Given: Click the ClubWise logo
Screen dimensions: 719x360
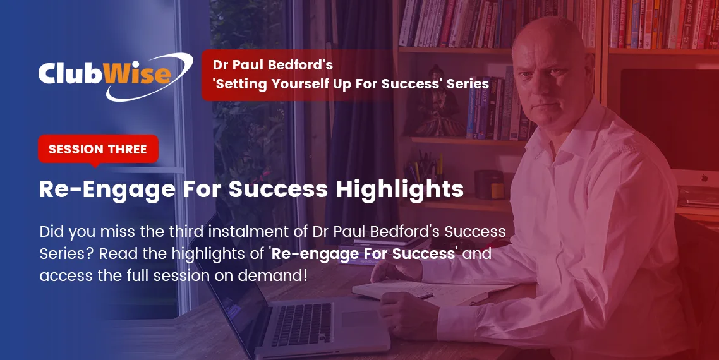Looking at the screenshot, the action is (x=116, y=76).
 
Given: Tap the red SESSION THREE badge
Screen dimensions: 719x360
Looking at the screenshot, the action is (x=98, y=149).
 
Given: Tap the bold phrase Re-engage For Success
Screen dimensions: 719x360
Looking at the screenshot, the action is (x=363, y=254).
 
